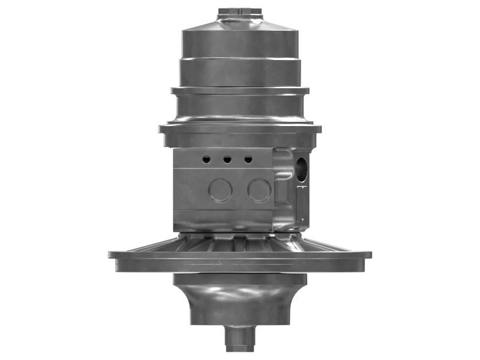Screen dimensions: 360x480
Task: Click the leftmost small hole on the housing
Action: click(206, 160)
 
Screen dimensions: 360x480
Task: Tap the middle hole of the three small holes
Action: click(227, 160)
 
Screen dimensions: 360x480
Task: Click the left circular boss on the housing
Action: click(220, 190)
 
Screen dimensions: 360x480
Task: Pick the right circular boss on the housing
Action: click(259, 190)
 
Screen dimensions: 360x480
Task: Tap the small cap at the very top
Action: click(240, 11)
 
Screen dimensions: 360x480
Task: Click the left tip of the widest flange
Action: click(111, 254)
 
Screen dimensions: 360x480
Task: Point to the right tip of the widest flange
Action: click(369, 254)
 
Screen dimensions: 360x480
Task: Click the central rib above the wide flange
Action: click(240, 243)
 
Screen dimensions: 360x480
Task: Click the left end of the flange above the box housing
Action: click(161, 129)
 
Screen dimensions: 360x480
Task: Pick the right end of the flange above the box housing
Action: click(319, 129)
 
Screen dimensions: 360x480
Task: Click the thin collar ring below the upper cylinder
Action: click(240, 91)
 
